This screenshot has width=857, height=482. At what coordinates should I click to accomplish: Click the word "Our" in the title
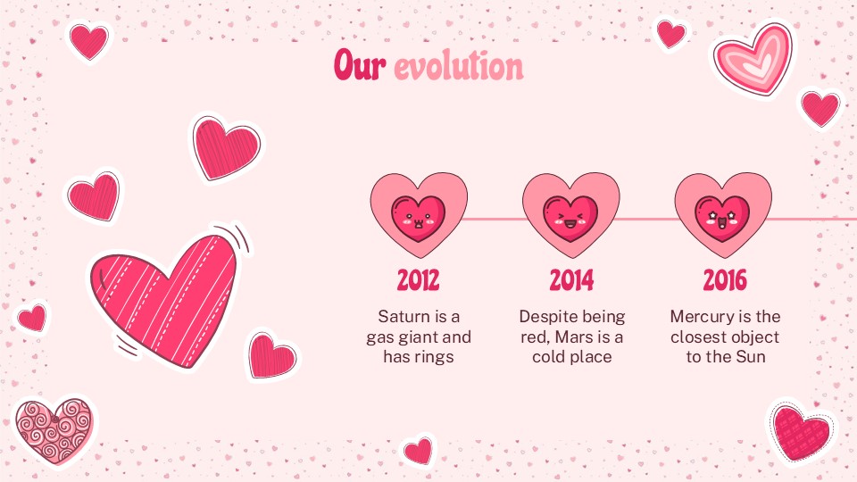click(361, 66)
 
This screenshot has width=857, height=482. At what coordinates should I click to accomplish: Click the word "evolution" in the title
click(459, 66)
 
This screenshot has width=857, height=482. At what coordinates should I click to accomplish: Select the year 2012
click(419, 281)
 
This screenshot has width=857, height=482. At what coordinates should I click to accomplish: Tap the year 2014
click(571, 281)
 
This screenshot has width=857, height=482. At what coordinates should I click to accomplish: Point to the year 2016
click(724, 281)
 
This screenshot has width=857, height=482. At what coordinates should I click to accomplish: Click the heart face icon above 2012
click(419, 217)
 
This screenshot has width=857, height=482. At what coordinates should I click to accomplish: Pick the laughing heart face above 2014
click(571, 217)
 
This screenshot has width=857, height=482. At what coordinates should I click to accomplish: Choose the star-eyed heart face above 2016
click(723, 217)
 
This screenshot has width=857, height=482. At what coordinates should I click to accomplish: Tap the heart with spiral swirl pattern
click(54, 430)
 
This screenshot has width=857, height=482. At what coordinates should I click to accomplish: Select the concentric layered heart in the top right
click(753, 57)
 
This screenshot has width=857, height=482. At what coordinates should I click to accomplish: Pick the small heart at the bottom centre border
click(418, 450)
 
